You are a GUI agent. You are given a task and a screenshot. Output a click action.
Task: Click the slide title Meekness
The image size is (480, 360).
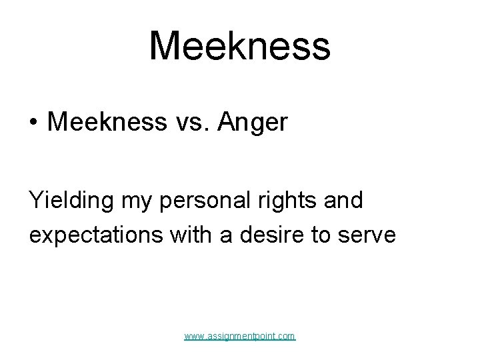pyautogui.click(x=239, y=45)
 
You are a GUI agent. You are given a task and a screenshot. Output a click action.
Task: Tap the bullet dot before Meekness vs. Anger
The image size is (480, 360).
pyautogui.click(x=33, y=123)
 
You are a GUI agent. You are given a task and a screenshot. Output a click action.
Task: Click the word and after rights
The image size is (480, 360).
pyautogui.click(x=343, y=199)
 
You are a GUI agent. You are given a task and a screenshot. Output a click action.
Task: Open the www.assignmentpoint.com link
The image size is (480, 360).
pyautogui.click(x=240, y=337)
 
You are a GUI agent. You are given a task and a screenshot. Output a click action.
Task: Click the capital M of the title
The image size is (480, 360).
pyautogui.click(x=163, y=45)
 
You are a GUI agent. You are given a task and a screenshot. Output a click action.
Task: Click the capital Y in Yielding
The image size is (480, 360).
pyautogui.click(x=35, y=199)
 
